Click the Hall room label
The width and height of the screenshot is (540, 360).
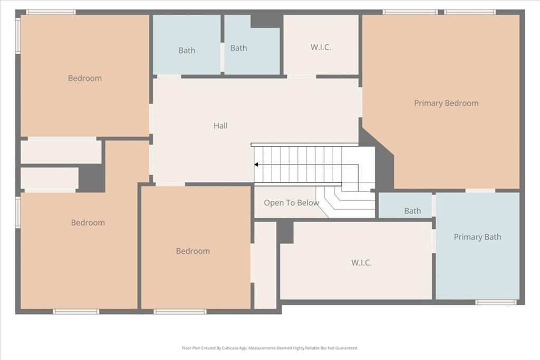point(220,125)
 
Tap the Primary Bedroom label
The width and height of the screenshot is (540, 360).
point(446,103)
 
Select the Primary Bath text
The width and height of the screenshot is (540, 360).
point(477,237)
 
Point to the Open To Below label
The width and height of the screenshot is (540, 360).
point(291,203)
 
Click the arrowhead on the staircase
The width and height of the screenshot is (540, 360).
point(256,164)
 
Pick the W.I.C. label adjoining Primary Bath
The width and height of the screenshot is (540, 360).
point(361,262)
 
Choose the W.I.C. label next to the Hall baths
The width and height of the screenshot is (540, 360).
point(321,47)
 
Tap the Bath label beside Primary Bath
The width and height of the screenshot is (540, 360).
point(412,211)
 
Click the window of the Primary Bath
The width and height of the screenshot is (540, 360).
point(496,302)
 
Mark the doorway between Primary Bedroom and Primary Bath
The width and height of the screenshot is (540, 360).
point(480,190)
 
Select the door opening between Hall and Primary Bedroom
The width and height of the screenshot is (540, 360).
point(361,102)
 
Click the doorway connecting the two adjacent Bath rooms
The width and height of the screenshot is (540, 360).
point(223,57)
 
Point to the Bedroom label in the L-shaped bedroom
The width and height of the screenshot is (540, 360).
point(88,222)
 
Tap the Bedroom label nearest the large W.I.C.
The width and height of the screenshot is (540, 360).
point(193,251)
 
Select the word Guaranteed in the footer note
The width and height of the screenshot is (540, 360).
point(349,348)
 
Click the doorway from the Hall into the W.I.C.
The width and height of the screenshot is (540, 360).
point(302,76)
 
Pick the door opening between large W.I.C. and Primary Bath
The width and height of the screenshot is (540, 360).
point(434,241)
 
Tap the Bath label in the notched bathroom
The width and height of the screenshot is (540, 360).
point(239,48)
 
